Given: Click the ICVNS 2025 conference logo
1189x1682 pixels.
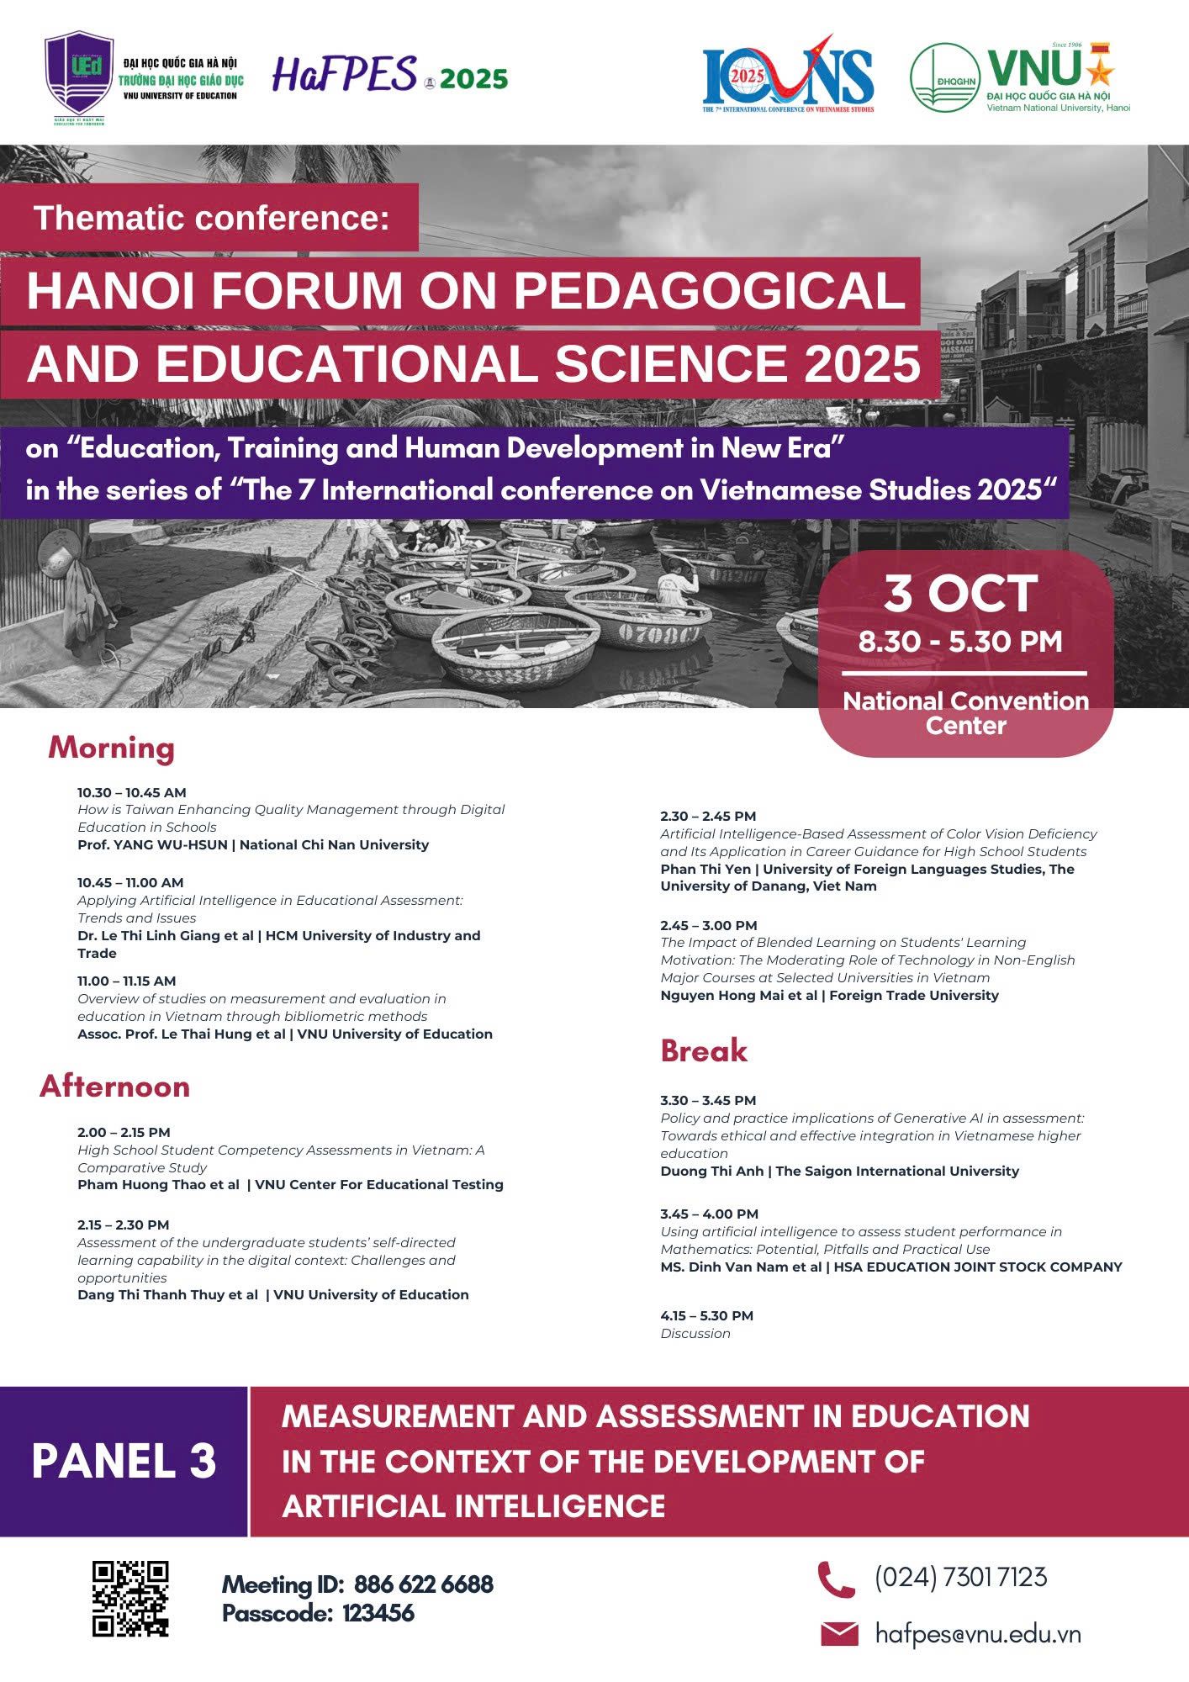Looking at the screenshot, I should click(x=788, y=76).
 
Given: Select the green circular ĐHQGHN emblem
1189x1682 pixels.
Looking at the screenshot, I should click(x=944, y=77).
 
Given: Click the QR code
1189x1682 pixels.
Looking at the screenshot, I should click(x=130, y=1599).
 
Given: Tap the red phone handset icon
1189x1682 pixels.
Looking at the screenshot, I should click(x=836, y=1579).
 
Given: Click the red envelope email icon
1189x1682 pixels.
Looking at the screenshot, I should click(x=839, y=1634).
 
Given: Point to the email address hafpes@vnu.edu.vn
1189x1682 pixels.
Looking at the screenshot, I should click(x=978, y=1634).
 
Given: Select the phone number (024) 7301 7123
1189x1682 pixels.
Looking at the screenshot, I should click(x=960, y=1577).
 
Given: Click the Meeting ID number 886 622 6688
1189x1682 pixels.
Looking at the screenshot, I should click(x=424, y=1584).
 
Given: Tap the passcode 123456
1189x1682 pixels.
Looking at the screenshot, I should click(x=378, y=1613).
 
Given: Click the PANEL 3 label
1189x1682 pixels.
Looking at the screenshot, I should click(x=124, y=1461).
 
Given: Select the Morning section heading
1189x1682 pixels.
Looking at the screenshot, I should click(x=111, y=748).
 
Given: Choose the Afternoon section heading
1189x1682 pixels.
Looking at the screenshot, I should click(x=114, y=1087).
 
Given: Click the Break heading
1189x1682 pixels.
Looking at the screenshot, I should click(x=704, y=1050).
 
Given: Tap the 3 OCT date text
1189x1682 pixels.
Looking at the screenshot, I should click(x=960, y=594).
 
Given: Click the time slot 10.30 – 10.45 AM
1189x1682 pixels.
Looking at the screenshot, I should click(x=132, y=792).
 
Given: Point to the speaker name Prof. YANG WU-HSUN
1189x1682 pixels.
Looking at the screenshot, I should click(x=152, y=844).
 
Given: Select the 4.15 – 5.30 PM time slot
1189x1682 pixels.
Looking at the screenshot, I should click(x=706, y=1315).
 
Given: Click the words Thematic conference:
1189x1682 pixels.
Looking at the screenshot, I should click(x=212, y=218).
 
